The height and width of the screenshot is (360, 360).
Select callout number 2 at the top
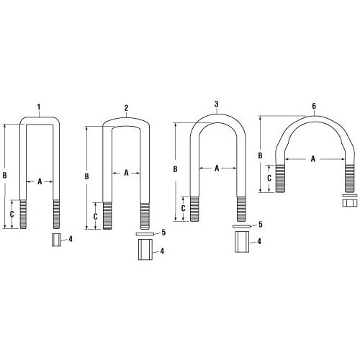(x=126, y=109)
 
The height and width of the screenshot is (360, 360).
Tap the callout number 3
(x=217, y=104)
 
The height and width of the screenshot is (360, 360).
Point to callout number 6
(x=314, y=107)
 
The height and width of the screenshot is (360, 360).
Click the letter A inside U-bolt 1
(x=40, y=182)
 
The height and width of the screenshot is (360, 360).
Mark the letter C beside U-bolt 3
(x=183, y=208)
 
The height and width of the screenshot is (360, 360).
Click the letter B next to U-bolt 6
(x=261, y=154)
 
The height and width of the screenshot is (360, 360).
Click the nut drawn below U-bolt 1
(x=55, y=240)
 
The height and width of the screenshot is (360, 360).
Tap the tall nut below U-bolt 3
(x=240, y=243)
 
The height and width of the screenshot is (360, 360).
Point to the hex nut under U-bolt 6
(x=349, y=201)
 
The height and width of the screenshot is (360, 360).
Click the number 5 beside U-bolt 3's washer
(x=260, y=225)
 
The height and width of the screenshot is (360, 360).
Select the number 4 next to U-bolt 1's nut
(x=71, y=238)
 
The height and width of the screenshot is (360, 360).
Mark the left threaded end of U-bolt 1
(x=25, y=214)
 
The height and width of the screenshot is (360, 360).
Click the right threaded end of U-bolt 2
(x=145, y=215)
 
